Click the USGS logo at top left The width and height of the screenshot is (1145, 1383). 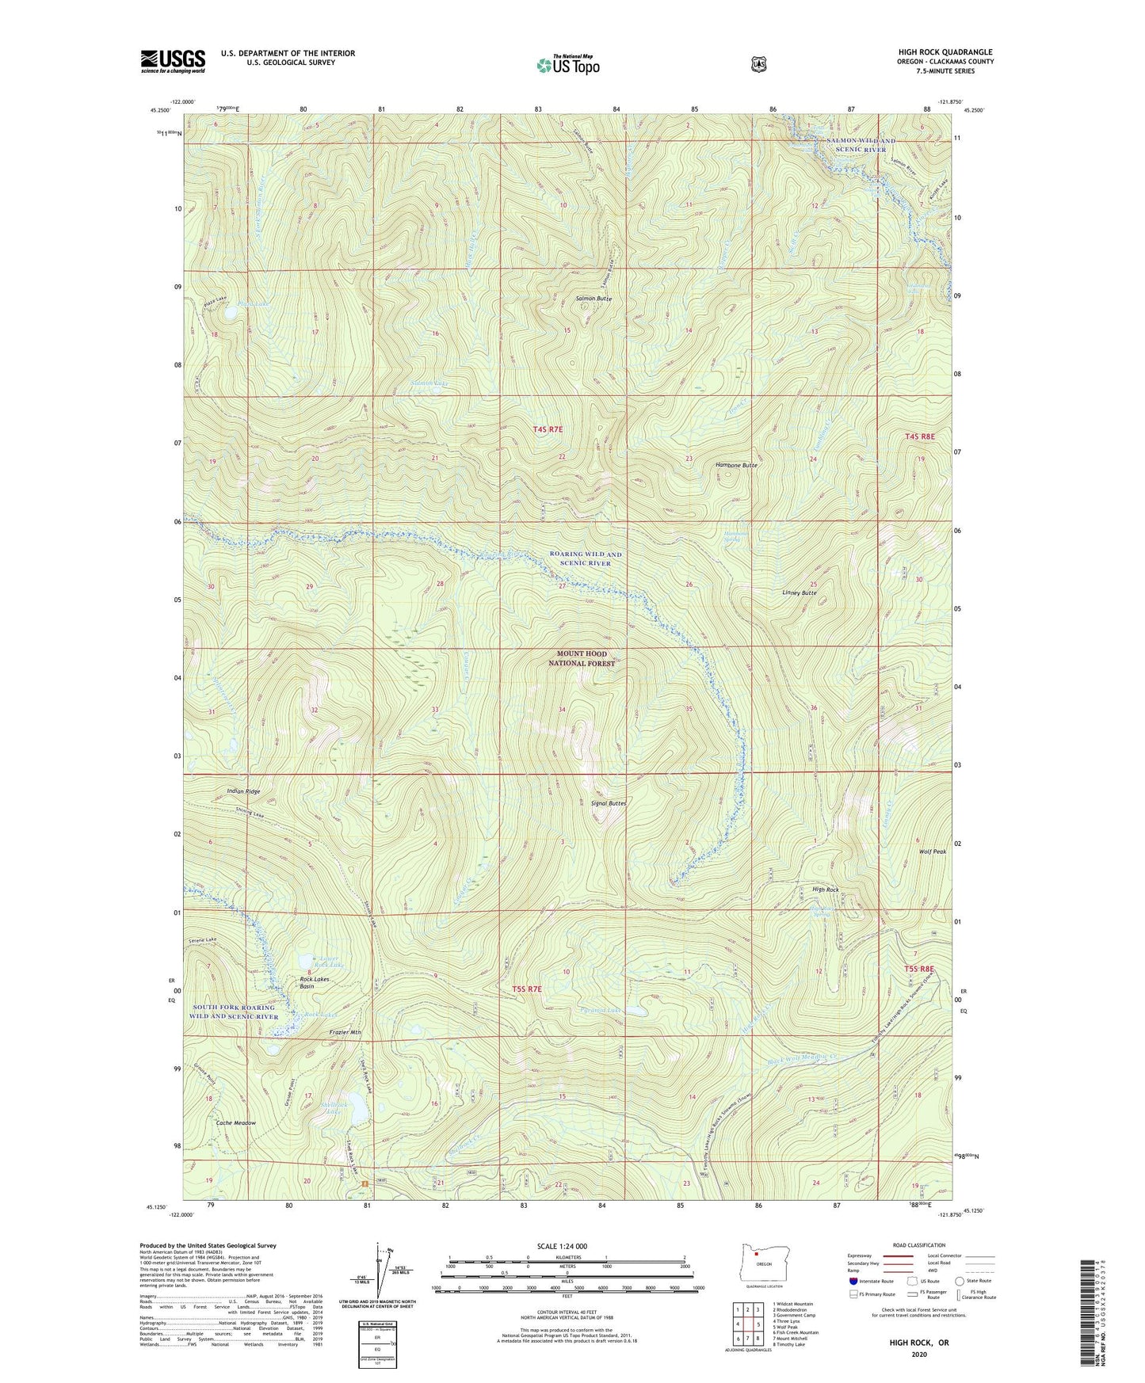pos(173,61)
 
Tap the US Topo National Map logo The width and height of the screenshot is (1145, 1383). pos(568,64)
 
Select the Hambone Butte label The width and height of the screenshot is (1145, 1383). pos(736,466)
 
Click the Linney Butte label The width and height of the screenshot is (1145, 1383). pos(799,592)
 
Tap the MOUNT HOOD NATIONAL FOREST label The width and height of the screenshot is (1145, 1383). pos(582,659)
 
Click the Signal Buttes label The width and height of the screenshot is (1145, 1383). pos(609,803)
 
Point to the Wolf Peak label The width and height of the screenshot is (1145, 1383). pos(933,852)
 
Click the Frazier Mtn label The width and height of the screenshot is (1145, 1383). pos(345,1032)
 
